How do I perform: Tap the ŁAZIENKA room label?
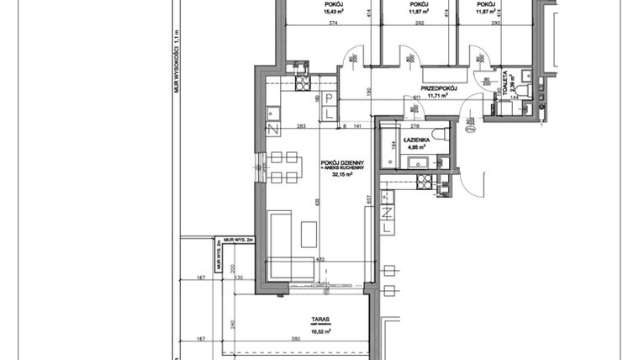click(x=417, y=140)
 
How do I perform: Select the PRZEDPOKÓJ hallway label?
click(x=438, y=87)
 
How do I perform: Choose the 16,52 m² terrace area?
click(x=318, y=333)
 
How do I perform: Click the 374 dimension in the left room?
click(x=310, y=24)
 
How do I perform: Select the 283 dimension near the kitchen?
click(x=300, y=125)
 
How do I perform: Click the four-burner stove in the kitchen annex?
click(x=301, y=84)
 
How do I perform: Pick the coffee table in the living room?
click(x=309, y=234)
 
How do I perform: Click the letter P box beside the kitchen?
click(x=330, y=98)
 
